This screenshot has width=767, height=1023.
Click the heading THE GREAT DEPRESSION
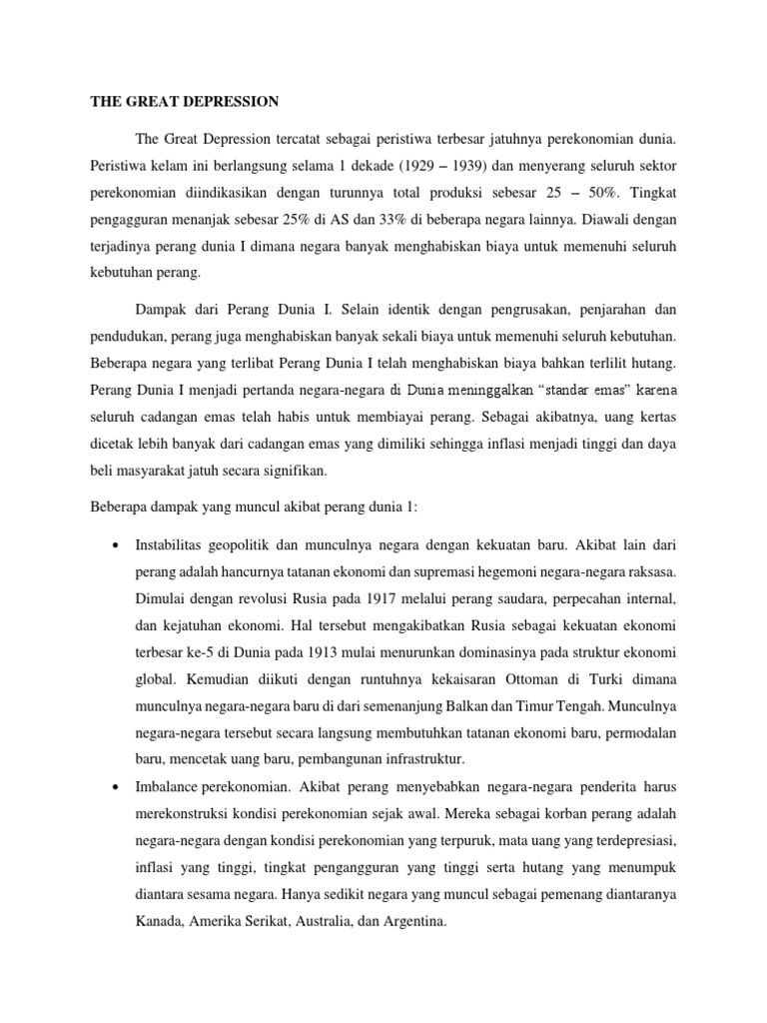tap(185, 101)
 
